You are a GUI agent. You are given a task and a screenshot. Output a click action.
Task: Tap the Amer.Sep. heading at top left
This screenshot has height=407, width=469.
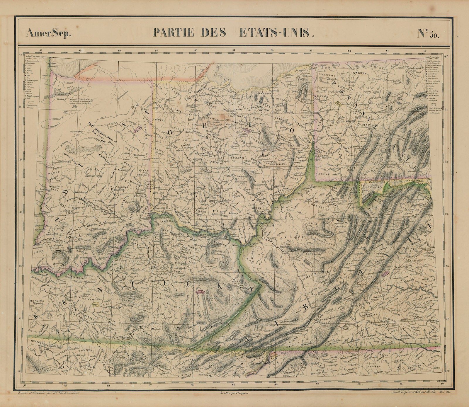point(48,33)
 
